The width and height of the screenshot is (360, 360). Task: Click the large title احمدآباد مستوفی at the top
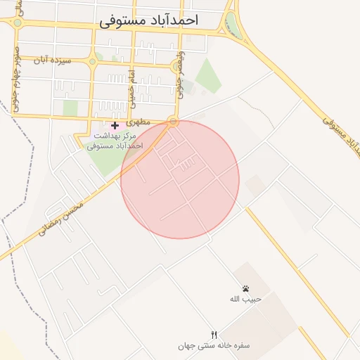coord(149,20)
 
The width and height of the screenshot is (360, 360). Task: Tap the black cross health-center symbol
coord(115,126)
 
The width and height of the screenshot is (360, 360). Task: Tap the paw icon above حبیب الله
coord(245,288)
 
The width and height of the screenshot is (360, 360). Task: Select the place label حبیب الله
coord(245,299)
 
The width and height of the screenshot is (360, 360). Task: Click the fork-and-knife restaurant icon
coord(214,335)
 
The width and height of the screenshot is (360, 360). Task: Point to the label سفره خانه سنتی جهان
coord(214,346)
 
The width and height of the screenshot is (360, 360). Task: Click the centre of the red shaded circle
coord(180,180)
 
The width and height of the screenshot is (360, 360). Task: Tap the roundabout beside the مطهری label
coord(173,122)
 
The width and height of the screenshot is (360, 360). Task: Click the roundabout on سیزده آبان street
coord(91,60)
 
